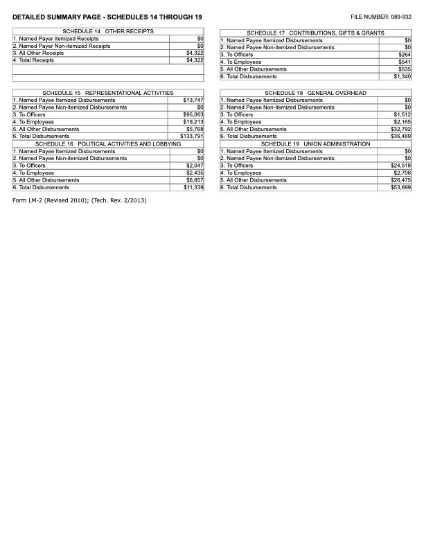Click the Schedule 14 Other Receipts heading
click(108, 32)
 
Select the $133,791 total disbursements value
click(191, 137)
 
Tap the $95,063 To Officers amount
click(193, 114)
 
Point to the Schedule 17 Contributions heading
click(315, 33)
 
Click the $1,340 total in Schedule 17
click(402, 77)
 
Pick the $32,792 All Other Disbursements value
click(401, 129)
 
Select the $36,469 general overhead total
click(401, 137)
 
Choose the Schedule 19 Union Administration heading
click(315, 143)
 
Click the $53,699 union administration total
click(401, 188)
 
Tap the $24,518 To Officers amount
click(401, 166)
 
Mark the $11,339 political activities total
click(193, 188)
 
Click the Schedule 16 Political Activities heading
click(108, 143)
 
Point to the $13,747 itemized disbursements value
click(193, 100)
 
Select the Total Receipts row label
click(34, 60)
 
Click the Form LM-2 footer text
click(80, 201)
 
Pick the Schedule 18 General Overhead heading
click(315, 93)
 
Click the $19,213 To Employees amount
click(193, 122)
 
